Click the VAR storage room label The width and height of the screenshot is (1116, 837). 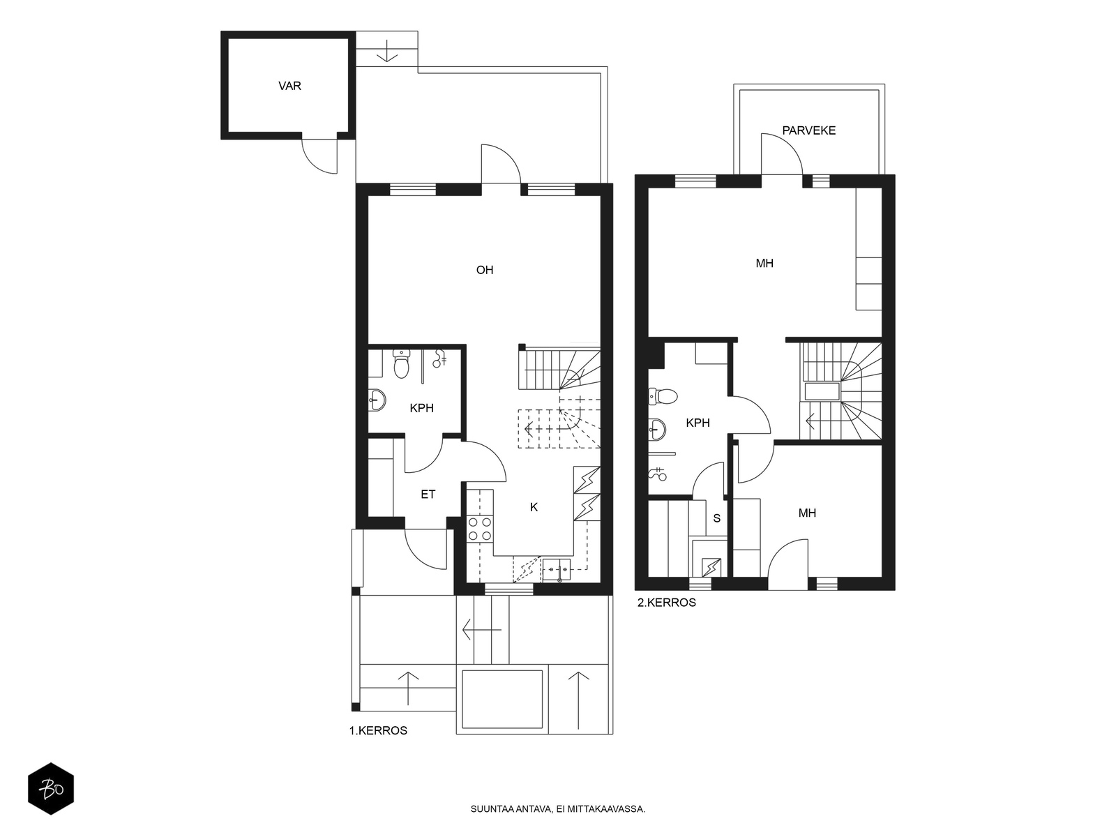tap(289, 86)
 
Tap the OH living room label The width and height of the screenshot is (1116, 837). tap(485, 270)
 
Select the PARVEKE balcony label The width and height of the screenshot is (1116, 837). tap(808, 130)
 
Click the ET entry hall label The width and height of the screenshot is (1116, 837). tap(428, 494)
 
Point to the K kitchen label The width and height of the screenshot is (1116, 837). tap(534, 506)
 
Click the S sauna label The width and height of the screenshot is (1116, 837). tap(716, 518)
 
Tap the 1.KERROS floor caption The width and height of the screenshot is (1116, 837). tap(378, 730)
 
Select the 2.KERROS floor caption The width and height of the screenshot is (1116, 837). tap(667, 602)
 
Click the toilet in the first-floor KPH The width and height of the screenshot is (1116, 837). tap(401, 364)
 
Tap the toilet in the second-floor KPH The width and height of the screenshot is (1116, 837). tap(663, 396)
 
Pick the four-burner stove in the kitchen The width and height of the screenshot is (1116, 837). tap(480, 529)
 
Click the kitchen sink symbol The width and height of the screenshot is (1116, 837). tap(556, 570)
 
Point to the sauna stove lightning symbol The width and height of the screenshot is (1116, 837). tap(711, 566)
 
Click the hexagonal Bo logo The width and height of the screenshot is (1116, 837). tap(51, 789)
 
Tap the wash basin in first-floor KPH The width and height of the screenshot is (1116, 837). tap(376, 400)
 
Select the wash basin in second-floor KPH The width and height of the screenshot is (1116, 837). tap(656, 430)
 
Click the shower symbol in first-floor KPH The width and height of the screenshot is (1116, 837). tap(439, 359)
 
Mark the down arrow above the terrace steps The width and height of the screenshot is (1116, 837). tap(387, 51)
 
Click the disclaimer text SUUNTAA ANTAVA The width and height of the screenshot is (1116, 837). tap(511, 808)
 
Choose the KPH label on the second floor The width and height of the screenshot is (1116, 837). tap(697, 423)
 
